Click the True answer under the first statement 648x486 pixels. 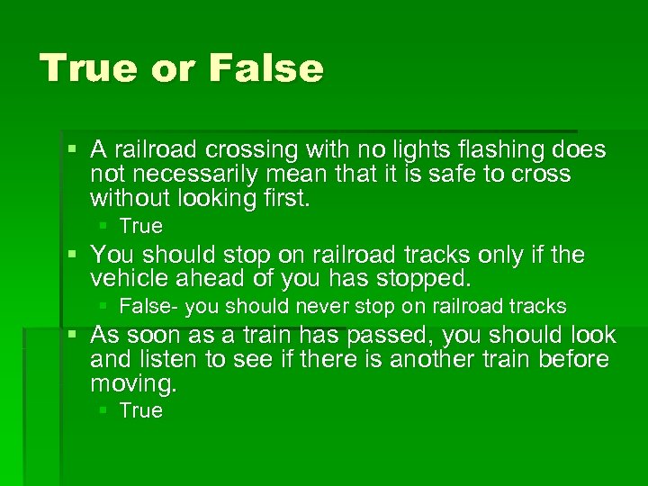[140, 226]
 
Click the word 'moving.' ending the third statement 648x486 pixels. [134, 385]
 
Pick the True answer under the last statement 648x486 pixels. [140, 411]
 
